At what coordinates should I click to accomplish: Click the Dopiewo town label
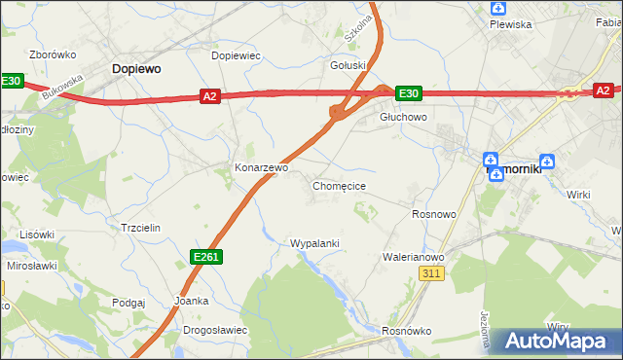[135, 69]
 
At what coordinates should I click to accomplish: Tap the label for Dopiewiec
[237, 56]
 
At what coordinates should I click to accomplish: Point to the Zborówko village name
[53, 55]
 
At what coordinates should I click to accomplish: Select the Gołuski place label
[348, 66]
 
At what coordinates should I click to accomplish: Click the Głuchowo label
[403, 116]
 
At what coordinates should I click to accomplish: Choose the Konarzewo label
[261, 167]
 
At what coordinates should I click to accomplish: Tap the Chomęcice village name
[339, 185]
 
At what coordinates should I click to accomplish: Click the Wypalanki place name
[314, 242]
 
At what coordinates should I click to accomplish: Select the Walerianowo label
[413, 257]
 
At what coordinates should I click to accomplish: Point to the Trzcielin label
[139, 227]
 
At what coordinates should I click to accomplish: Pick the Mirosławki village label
[33, 265]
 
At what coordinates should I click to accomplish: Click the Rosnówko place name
[407, 330]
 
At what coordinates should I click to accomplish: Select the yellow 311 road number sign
[433, 275]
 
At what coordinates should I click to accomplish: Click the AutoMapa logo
[557, 341]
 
